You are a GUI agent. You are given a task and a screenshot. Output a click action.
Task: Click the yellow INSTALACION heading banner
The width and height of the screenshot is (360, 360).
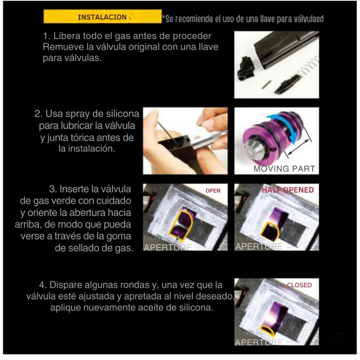pos(102,17)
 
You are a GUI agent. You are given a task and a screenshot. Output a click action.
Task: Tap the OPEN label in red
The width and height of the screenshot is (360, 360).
pos(213,191)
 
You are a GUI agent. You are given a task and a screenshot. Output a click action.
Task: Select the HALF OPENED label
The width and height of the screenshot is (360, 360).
pos(287,190)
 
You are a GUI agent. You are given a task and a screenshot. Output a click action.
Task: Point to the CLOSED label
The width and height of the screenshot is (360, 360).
pos(299,285)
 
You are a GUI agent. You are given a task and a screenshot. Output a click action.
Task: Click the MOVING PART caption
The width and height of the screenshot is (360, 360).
pos(284,169)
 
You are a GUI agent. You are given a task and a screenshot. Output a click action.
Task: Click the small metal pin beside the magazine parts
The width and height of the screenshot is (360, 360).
pos(267,84)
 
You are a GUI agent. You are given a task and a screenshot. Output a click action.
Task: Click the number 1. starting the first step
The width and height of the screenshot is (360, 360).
pos(46,36)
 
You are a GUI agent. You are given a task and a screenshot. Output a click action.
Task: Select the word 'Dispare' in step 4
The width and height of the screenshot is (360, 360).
pos(64,285)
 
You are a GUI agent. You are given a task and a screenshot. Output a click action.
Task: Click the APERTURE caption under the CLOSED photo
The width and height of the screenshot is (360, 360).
pos(259,342)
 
